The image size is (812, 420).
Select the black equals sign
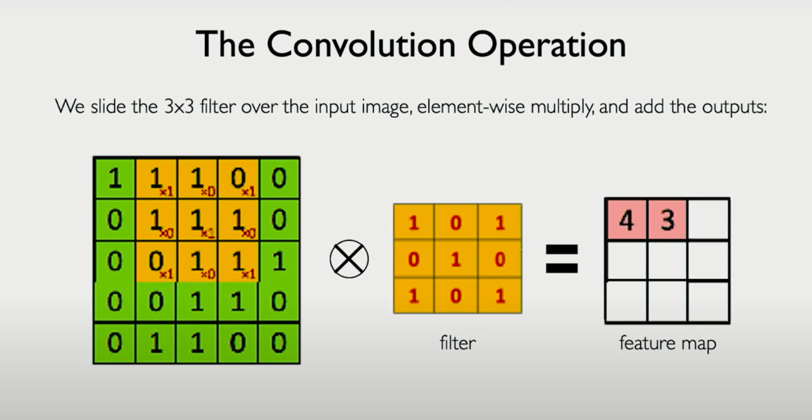[x=562, y=259]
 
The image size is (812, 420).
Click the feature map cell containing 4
[x=626, y=221]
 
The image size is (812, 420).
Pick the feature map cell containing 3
[x=667, y=221]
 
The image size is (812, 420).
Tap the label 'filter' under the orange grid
[x=458, y=343]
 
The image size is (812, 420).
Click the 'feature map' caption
[x=668, y=343]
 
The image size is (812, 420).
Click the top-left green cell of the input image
[x=114, y=178]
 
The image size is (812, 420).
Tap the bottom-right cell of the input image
[x=279, y=343]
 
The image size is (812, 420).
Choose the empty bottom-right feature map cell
[x=708, y=302]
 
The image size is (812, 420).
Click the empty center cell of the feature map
[x=667, y=261]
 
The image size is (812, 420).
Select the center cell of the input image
[x=197, y=261]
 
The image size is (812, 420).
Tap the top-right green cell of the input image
[x=279, y=178]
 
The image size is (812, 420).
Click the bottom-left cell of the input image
[x=114, y=343]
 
